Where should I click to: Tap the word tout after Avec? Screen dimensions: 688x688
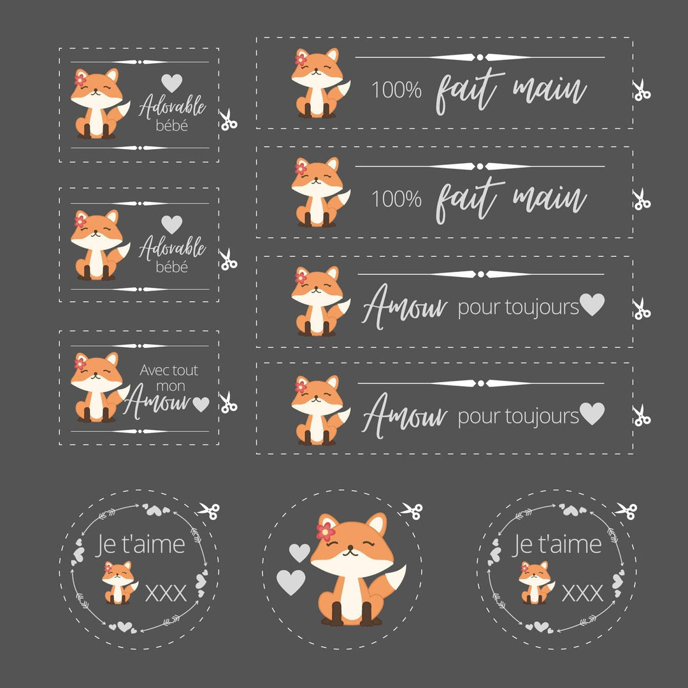click(185, 370)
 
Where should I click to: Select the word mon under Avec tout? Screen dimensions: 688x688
click(171, 386)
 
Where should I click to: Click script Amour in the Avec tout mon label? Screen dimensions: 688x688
click(157, 401)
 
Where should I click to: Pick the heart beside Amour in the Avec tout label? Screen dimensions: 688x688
click(201, 404)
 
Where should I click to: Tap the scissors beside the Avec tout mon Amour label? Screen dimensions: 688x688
click(227, 403)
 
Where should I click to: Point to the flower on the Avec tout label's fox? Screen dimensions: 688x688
click(80, 363)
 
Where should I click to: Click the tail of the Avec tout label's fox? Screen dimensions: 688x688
click(119, 397)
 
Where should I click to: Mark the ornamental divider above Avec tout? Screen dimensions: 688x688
click(140, 346)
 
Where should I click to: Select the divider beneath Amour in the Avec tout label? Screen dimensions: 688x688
click(140, 431)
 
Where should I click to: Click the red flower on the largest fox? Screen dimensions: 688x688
click(326, 532)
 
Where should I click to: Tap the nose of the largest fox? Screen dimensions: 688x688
click(350, 548)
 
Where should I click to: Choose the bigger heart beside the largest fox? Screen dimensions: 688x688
click(290, 582)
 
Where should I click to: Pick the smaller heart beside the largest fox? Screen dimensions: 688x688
click(299, 553)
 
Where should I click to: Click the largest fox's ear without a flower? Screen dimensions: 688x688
click(377, 524)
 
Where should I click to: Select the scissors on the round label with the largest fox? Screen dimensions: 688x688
click(412, 510)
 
